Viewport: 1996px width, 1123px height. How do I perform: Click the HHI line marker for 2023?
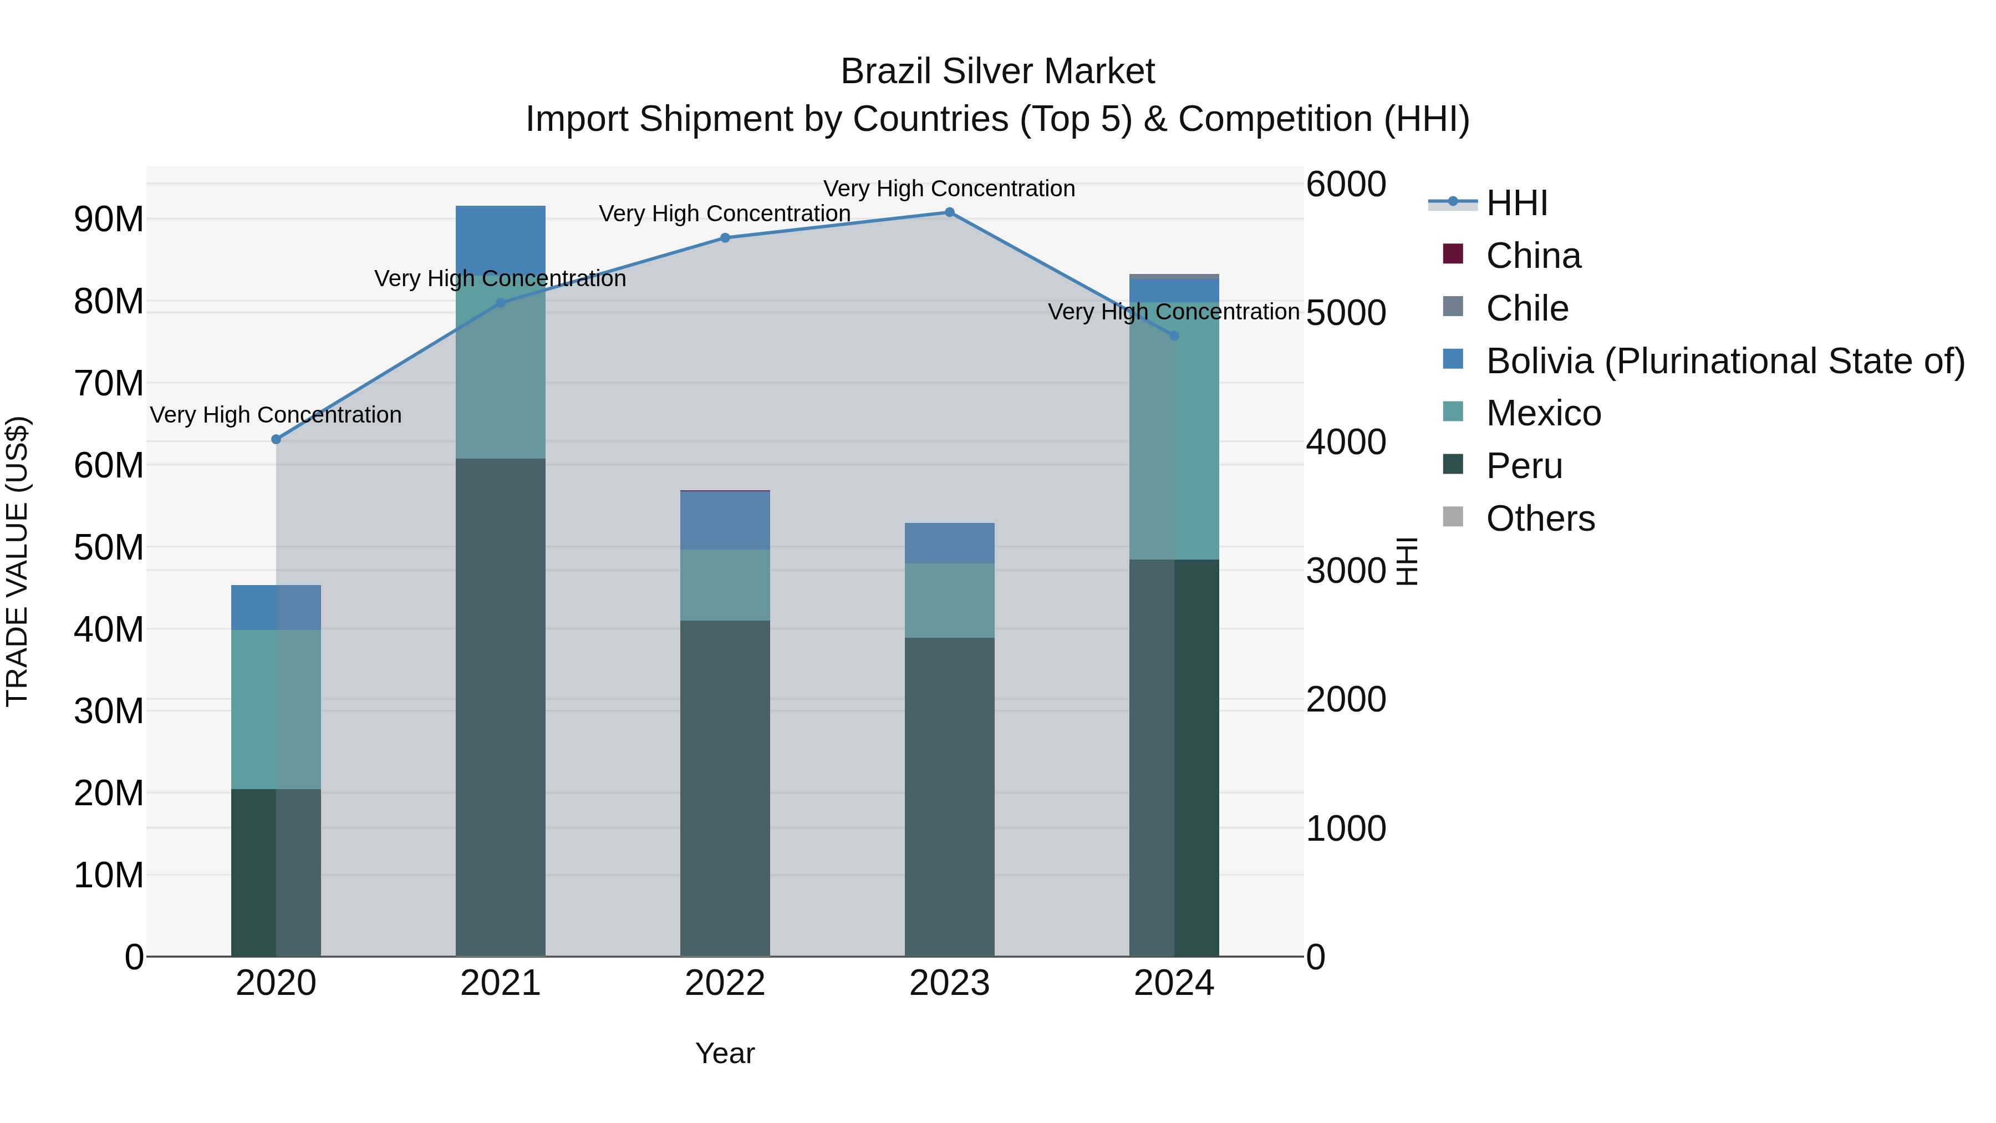pos(949,212)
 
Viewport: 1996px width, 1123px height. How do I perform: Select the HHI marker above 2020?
pos(276,439)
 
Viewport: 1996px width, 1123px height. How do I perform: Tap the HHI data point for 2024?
pos(1174,336)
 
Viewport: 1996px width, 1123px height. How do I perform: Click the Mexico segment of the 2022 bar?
pos(725,585)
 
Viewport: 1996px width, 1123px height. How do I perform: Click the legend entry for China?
pos(1532,256)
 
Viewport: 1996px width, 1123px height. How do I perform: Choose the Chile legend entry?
pos(1526,308)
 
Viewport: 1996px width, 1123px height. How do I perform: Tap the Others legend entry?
pos(1540,519)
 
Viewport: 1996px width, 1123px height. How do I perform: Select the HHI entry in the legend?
pos(1516,203)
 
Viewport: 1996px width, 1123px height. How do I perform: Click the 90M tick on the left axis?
pos(109,219)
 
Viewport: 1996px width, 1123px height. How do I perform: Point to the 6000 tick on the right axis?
pos(1346,185)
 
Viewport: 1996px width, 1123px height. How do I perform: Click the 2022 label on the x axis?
pos(725,983)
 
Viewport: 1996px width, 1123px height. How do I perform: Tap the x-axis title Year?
pos(725,1053)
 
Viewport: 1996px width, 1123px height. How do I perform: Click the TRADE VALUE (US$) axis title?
pos(17,561)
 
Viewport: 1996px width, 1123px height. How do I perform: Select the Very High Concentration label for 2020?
pos(276,415)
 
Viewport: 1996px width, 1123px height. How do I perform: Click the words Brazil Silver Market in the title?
pos(997,72)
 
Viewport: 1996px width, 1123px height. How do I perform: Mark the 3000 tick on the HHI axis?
pos(1346,571)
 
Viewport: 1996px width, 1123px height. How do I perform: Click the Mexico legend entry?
pos(1542,413)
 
